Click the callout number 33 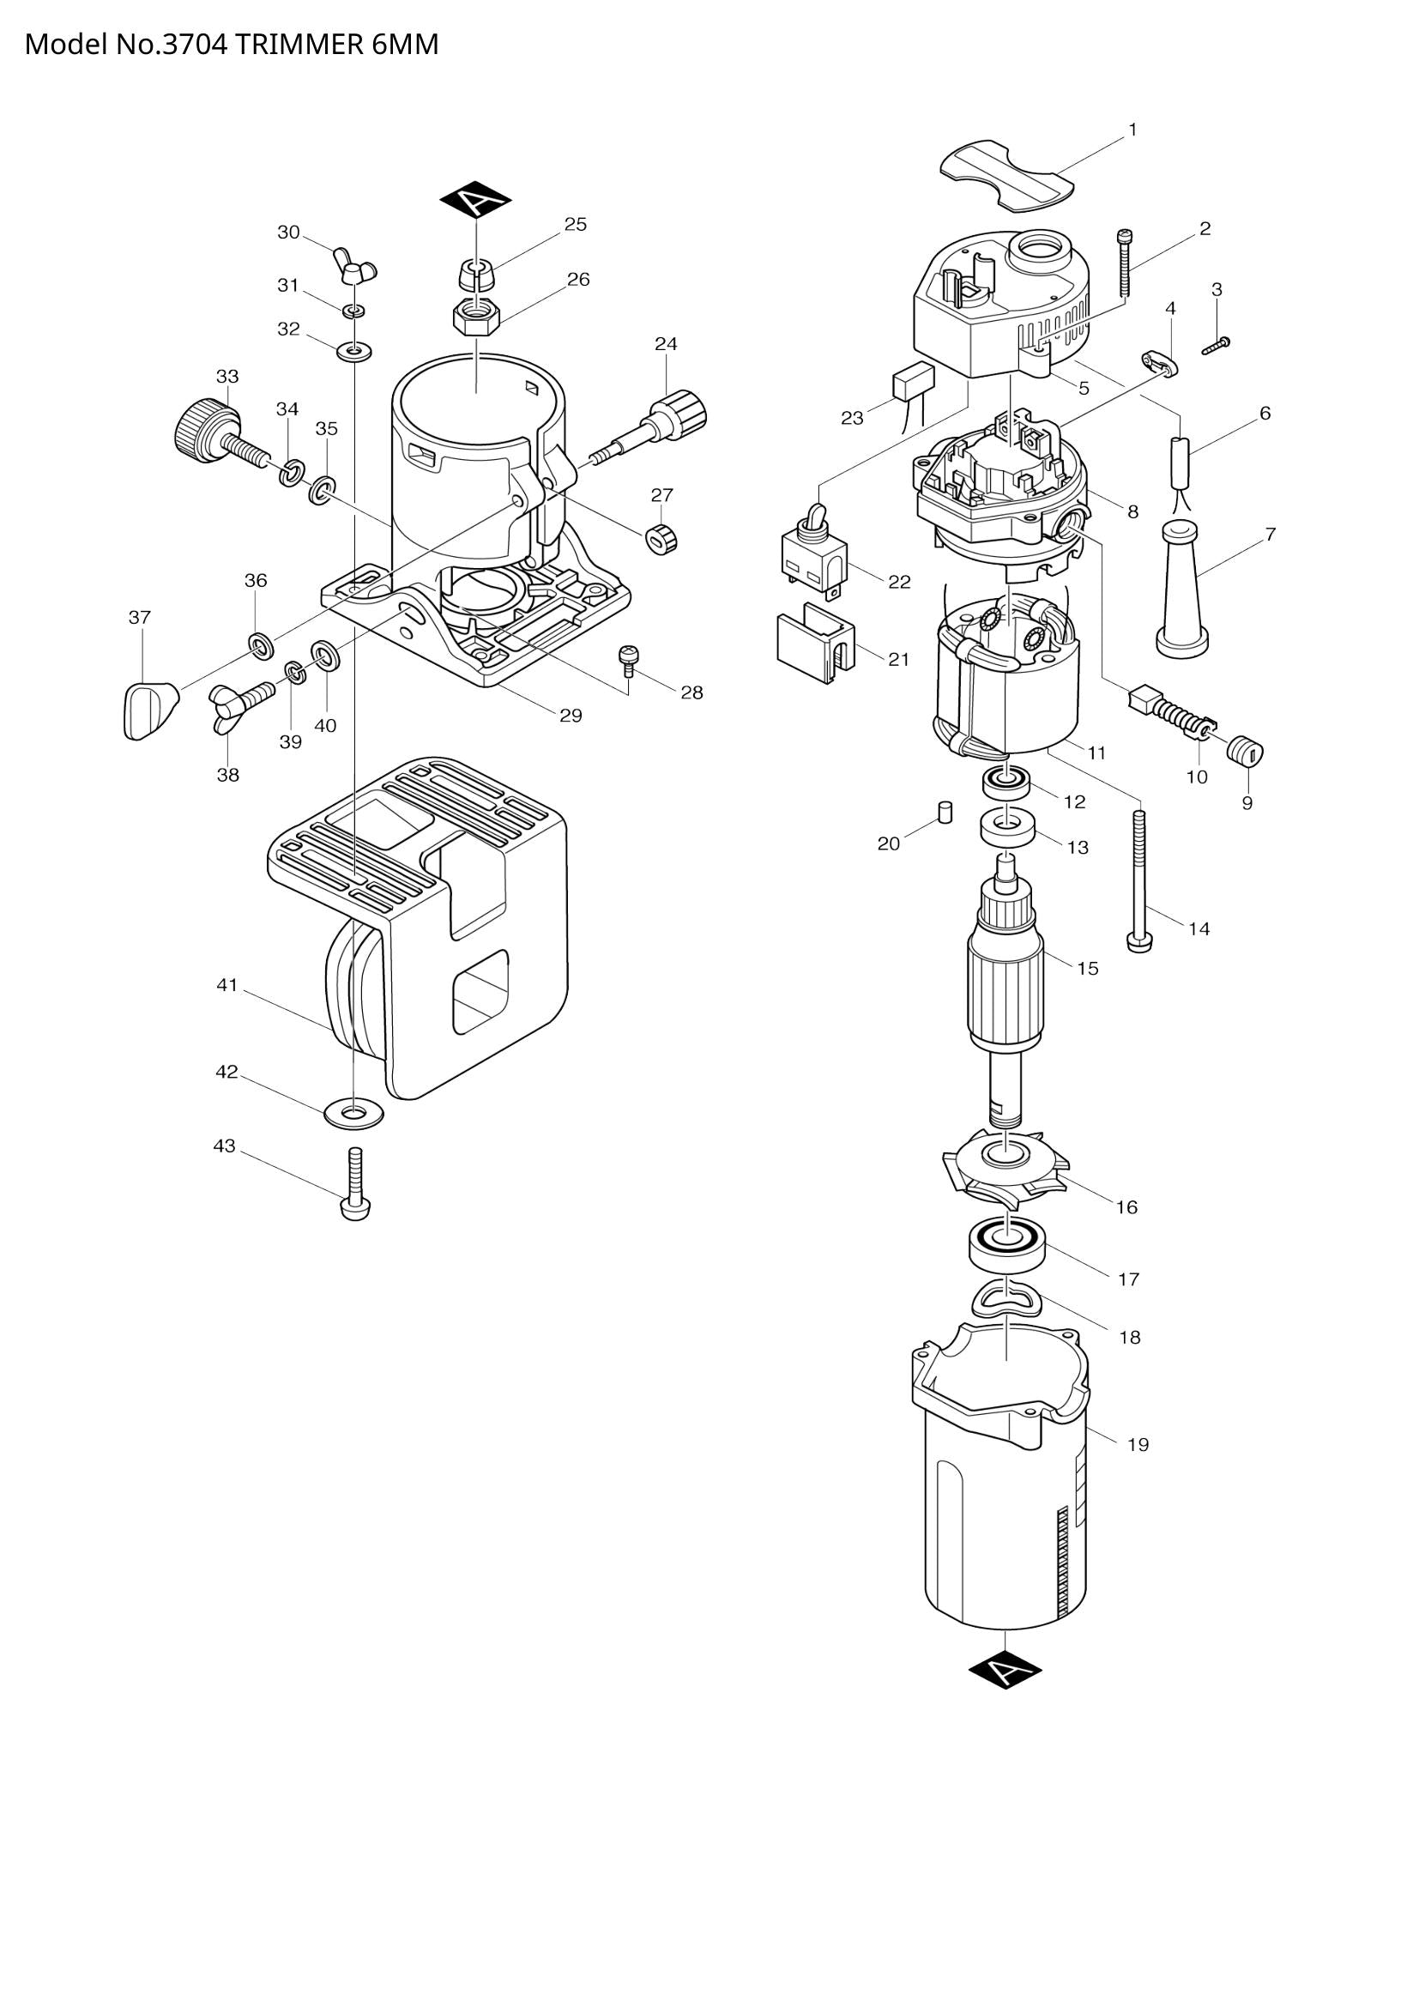(227, 377)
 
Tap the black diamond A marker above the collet (474, 201)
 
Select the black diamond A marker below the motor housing (1005, 1671)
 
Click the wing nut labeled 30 (353, 266)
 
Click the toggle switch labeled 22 (812, 556)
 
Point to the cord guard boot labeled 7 (1181, 591)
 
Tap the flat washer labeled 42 (353, 1113)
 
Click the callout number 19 (1138, 1445)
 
